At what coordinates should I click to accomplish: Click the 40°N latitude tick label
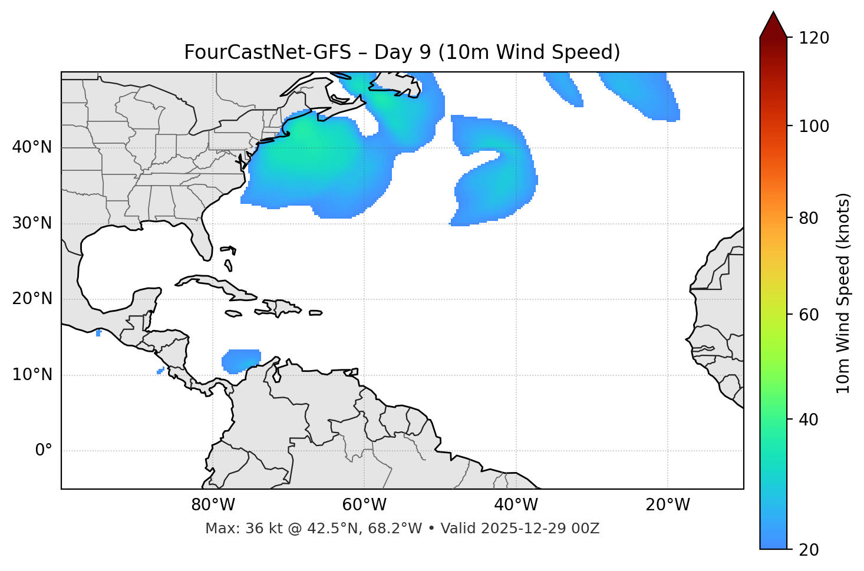click(32, 147)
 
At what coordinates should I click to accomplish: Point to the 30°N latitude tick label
click(32, 223)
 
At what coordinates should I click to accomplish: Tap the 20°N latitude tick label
click(32, 299)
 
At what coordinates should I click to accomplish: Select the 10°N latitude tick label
click(32, 375)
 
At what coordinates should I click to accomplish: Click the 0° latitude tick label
click(44, 451)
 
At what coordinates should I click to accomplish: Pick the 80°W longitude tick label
click(213, 505)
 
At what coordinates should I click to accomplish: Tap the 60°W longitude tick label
click(364, 505)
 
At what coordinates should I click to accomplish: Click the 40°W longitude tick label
click(516, 505)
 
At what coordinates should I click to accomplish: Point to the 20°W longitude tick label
click(668, 505)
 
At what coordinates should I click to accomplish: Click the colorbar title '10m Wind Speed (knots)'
click(843, 293)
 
